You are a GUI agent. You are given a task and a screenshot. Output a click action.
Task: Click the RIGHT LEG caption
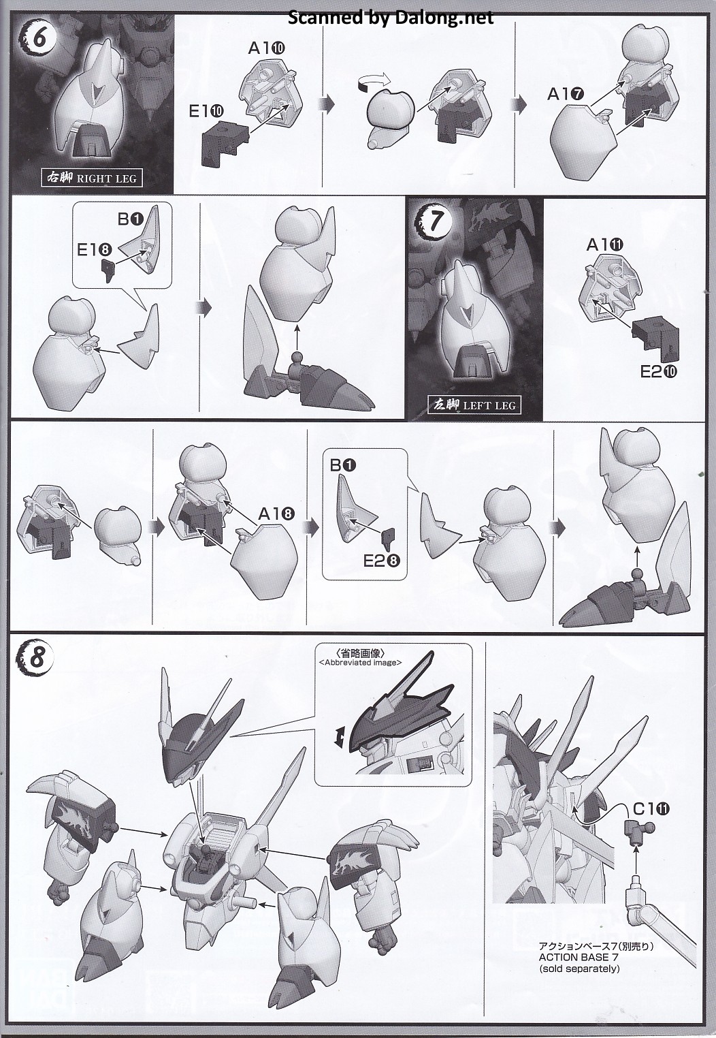[91, 178]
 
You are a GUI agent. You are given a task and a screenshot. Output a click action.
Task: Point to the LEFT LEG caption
[474, 405]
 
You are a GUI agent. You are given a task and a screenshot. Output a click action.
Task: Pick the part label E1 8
[95, 250]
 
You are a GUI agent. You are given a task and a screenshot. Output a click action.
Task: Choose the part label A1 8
[276, 514]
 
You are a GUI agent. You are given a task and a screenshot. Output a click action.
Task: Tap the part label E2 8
[382, 561]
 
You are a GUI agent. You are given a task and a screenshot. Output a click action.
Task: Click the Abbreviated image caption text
[361, 663]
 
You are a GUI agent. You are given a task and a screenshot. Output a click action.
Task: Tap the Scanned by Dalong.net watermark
[391, 18]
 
